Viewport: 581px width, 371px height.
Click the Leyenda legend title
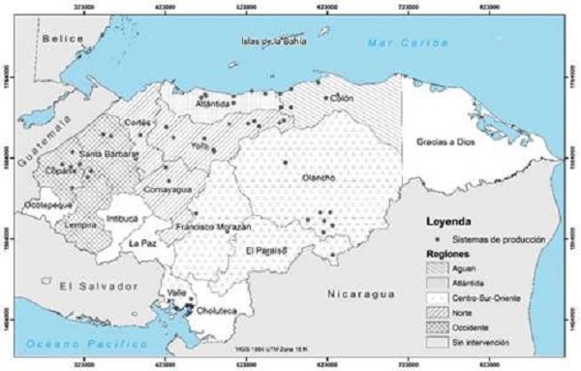click(447, 219)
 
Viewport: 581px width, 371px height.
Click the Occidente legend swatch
click(438, 327)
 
